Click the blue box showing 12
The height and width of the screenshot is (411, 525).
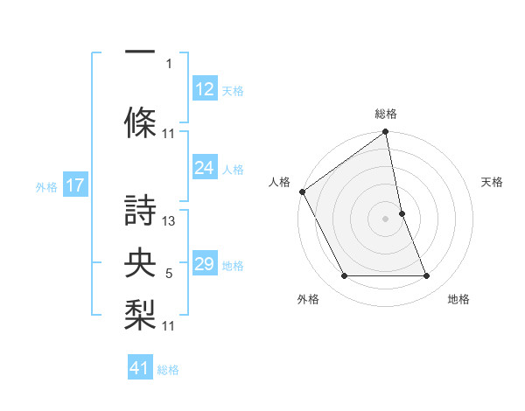206,90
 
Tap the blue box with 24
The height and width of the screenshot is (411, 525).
206,168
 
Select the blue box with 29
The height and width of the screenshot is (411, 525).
206,264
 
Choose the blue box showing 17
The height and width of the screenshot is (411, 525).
75,185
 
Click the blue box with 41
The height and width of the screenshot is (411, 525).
141,368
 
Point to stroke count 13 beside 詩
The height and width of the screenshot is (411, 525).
170,220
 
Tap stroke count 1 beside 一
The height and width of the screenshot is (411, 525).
169,63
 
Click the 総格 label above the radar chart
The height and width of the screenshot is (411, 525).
386,114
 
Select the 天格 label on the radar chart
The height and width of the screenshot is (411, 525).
493,182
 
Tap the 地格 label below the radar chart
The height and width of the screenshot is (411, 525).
458,300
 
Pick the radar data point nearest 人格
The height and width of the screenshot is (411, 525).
302,192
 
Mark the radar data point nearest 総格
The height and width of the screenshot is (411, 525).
386,133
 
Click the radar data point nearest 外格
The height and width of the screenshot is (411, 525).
345,276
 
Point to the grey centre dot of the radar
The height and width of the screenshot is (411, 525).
386,219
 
